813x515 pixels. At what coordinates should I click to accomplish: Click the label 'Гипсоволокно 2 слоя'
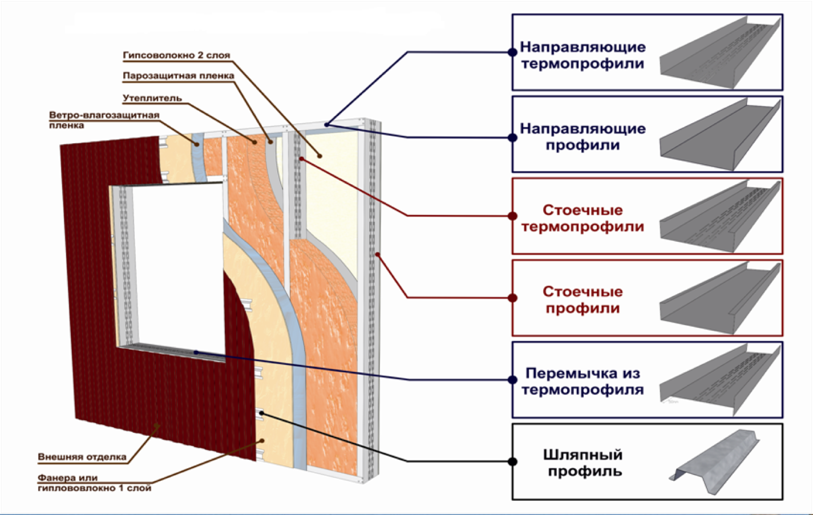tap(176, 55)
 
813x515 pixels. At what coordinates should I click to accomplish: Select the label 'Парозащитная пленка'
tap(178, 76)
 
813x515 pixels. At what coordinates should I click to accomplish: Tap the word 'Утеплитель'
tap(152, 98)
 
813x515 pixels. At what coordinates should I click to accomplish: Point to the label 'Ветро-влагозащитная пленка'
tap(104, 120)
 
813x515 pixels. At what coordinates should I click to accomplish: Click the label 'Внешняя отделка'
tap(82, 457)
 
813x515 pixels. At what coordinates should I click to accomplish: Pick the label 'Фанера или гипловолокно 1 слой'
tap(95, 482)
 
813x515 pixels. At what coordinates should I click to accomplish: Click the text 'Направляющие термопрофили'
tap(583, 55)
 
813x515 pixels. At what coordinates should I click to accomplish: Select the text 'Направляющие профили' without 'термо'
tap(583, 137)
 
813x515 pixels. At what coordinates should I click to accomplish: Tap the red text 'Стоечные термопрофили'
tap(583, 218)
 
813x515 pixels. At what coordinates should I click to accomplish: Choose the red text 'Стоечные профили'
tap(583, 300)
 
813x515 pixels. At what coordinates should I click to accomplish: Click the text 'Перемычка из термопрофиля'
tap(583, 382)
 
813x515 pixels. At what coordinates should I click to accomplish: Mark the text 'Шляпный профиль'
tap(583, 463)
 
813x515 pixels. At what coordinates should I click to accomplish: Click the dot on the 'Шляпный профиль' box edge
tap(512, 461)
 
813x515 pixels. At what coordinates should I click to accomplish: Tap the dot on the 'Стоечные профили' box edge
tap(512, 298)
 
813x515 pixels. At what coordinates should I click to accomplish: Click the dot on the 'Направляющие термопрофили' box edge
tap(512, 52)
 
